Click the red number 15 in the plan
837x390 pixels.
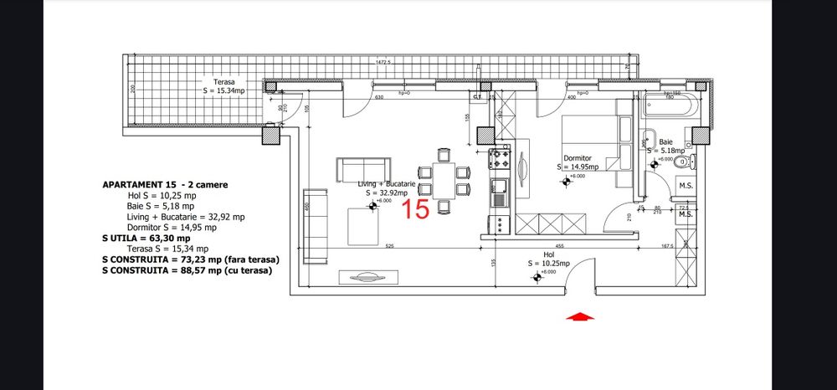point(417,209)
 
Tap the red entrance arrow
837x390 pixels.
point(580,317)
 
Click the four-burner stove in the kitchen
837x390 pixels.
point(500,157)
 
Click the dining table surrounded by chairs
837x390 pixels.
point(442,181)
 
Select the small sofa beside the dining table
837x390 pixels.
point(363,169)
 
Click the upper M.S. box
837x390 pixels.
point(686,186)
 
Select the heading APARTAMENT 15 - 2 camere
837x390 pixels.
point(164,184)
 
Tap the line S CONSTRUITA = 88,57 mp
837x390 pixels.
point(191,271)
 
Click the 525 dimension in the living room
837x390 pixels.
point(389,246)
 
